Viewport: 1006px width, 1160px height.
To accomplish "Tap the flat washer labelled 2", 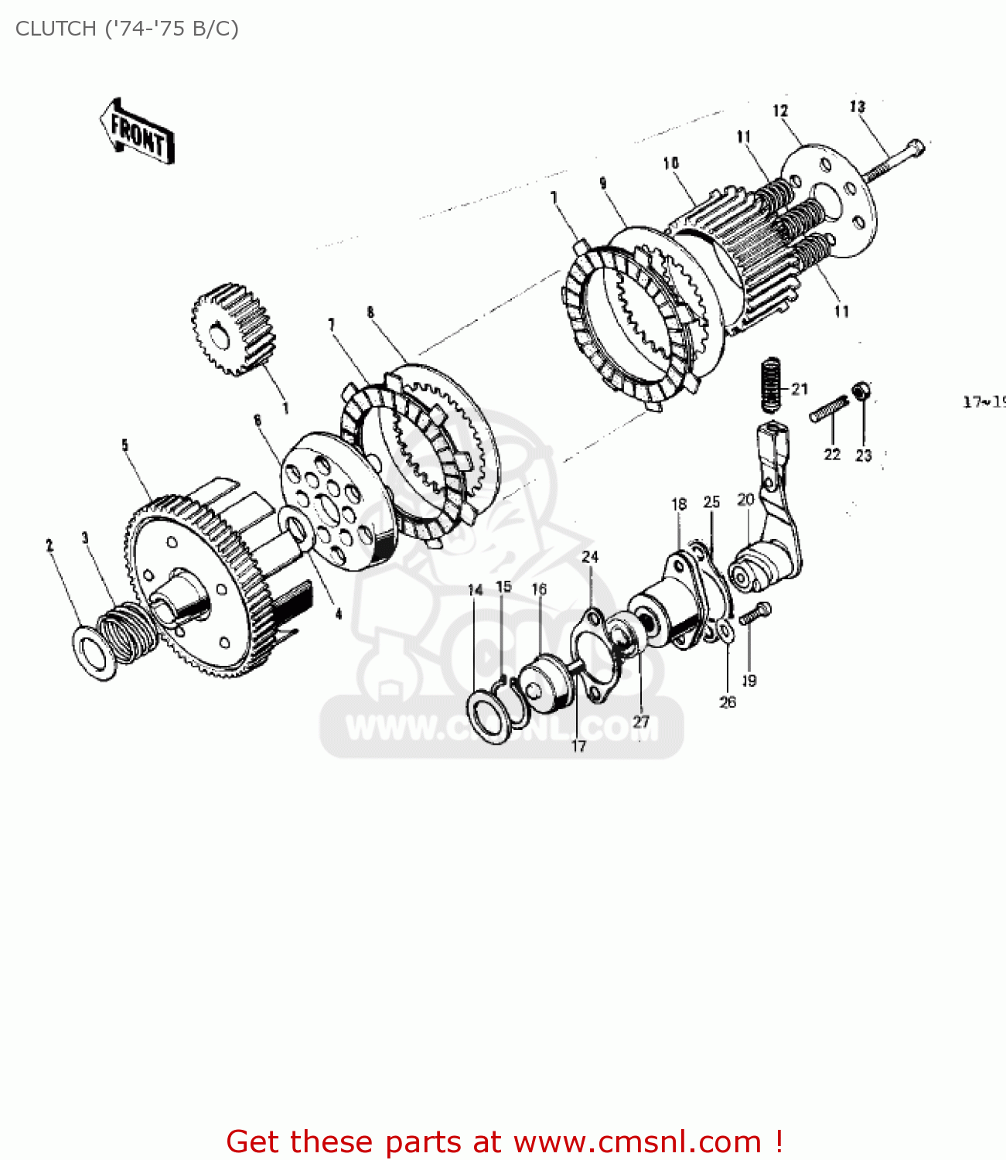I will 94,653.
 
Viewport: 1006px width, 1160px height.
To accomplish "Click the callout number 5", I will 124,445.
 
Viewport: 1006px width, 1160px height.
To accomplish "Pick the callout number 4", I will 338,614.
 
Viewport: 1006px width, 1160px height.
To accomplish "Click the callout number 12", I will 779,111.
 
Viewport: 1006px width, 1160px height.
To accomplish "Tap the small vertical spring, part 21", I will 770,384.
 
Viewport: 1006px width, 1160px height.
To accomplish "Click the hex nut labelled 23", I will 861,392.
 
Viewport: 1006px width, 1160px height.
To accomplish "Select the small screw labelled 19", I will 754,614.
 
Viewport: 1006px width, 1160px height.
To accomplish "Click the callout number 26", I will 727,702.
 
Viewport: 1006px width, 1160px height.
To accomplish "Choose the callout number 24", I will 590,557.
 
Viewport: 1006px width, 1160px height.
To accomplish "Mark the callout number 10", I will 670,163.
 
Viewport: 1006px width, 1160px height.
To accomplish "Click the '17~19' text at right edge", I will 984,402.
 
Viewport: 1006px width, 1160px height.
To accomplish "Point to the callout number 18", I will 678,504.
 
